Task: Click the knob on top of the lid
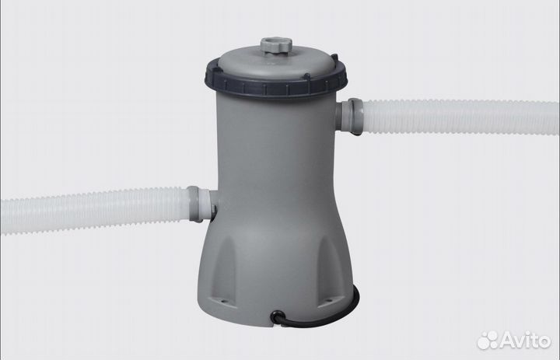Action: click(276, 46)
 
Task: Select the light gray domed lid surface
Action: click(275, 65)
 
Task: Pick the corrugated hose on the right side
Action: click(460, 117)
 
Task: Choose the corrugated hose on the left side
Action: click(95, 211)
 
